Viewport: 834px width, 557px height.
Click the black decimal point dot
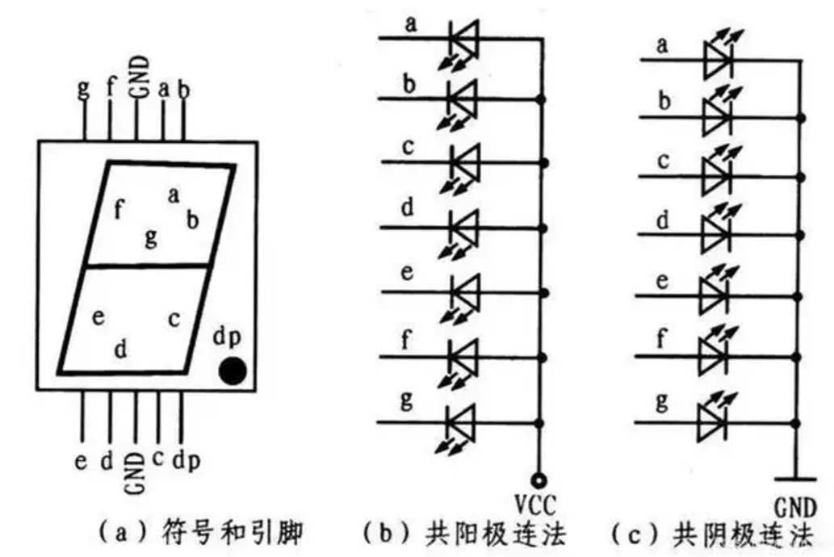(233, 371)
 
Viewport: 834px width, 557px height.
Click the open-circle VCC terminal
(539, 481)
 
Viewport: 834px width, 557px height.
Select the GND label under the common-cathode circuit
(795, 507)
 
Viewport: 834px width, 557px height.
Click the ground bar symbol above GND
(795, 480)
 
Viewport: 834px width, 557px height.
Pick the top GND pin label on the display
(139, 77)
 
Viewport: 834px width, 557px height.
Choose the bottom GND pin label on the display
(136, 472)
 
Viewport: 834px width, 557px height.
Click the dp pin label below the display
(186, 461)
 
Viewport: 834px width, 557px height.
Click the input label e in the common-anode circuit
(406, 273)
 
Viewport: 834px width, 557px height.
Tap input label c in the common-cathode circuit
(663, 161)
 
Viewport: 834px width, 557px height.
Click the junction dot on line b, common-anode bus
(542, 99)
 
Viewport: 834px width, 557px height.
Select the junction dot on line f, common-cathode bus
(796, 358)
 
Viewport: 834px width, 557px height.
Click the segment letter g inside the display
(151, 237)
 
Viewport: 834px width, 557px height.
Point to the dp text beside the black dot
(227, 337)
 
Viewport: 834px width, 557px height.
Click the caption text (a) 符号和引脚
(200, 533)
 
